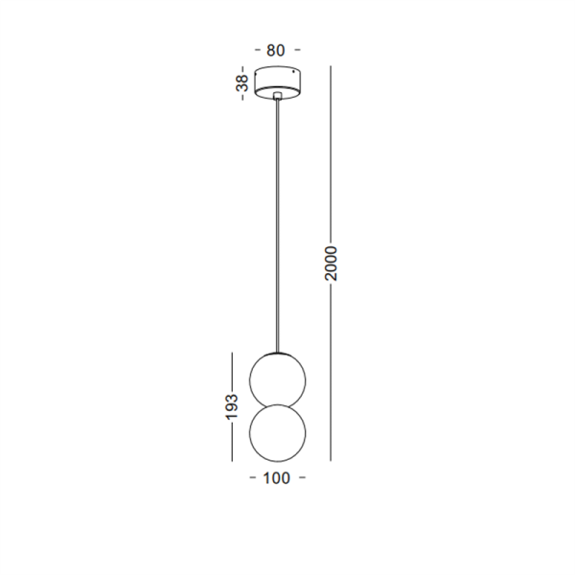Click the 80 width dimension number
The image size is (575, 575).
pyautogui.click(x=275, y=50)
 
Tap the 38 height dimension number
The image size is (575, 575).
pyautogui.click(x=242, y=82)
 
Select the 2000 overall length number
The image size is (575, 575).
pyautogui.click(x=331, y=264)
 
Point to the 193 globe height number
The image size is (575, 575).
pyautogui.click(x=232, y=406)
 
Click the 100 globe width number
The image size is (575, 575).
pyautogui.click(x=277, y=478)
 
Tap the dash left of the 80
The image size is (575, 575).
pyautogui.click(x=257, y=49)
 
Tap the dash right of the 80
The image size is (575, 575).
pyautogui.click(x=297, y=49)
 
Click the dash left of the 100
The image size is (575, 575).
pyautogui.click(x=253, y=477)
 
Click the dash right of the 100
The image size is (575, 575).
pyautogui.click(x=302, y=477)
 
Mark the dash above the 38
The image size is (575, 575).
pyautogui.click(x=242, y=70)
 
